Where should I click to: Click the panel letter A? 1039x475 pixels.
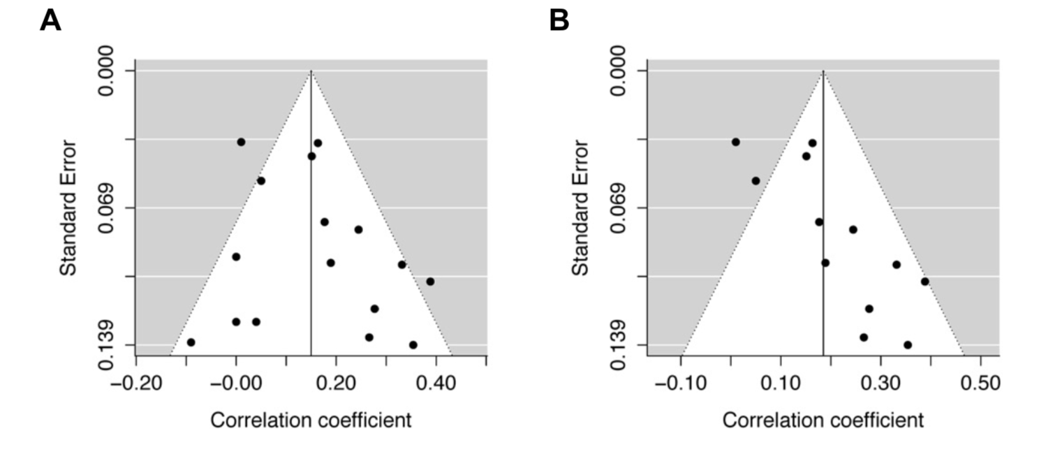(x=50, y=21)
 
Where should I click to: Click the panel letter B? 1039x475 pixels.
(x=559, y=21)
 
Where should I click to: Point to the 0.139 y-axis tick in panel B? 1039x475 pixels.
(x=617, y=345)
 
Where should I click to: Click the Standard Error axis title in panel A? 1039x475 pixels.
(x=68, y=207)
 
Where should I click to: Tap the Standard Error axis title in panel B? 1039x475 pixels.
(x=580, y=207)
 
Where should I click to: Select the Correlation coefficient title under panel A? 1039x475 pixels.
(x=311, y=421)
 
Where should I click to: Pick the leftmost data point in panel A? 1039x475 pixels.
(x=191, y=342)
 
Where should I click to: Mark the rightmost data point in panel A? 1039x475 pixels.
(x=430, y=282)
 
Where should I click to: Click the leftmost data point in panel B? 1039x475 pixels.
(x=735, y=142)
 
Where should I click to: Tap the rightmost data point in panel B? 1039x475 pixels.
(x=924, y=282)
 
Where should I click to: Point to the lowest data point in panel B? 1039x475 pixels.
(x=907, y=344)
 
